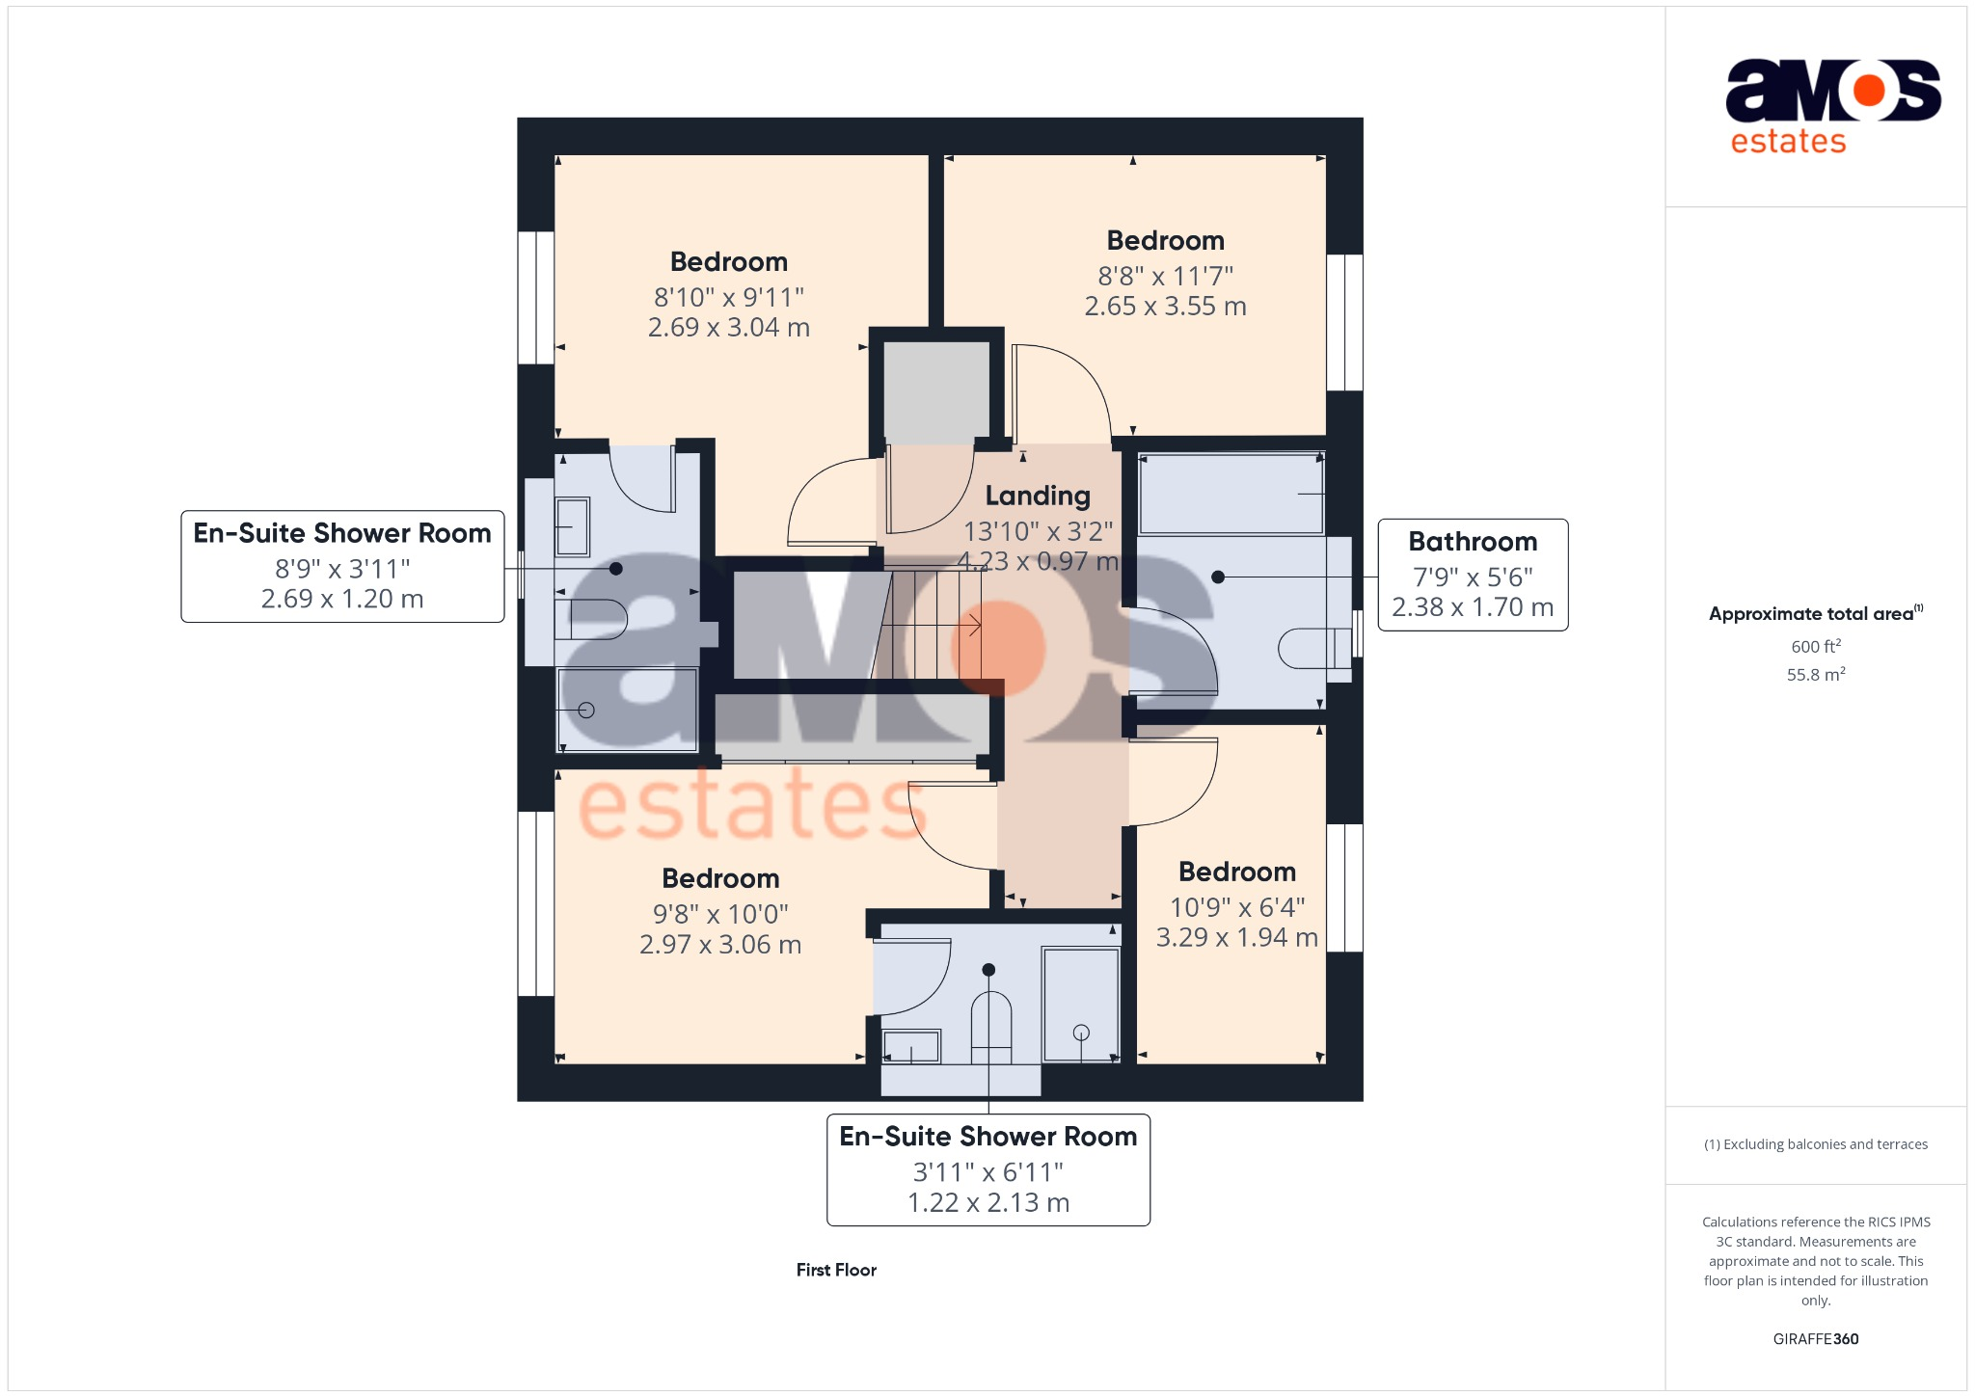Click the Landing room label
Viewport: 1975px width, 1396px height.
tap(1038, 496)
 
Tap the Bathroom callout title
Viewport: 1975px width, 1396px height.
tap(1473, 542)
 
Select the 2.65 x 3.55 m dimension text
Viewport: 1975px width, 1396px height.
tap(1165, 307)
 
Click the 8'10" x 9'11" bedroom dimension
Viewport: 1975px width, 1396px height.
tap(729, 297)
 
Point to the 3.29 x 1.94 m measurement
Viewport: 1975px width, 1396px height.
tap(1236, 937)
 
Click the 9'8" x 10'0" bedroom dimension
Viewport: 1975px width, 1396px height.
tap(720, 914)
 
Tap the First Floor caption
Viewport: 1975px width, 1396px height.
tap(836, 1270)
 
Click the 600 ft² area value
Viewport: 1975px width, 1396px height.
tap(1815, 647)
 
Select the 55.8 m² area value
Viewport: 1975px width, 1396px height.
tap(1815, 675)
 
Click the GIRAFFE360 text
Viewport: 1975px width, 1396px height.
tap(1815, 1339)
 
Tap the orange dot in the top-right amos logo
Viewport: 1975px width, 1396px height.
tap(1869, 91)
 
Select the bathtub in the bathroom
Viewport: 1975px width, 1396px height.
tap(1231, 494)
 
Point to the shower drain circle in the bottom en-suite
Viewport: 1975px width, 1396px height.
tap(1081, 1033)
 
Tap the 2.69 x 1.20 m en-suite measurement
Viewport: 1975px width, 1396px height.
tap(342, 599)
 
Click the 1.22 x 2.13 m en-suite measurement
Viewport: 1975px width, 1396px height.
tap(988, 1203)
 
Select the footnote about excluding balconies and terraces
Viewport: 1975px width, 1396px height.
tap(1815, 1144)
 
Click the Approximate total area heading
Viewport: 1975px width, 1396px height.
tap(1811, 614)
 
